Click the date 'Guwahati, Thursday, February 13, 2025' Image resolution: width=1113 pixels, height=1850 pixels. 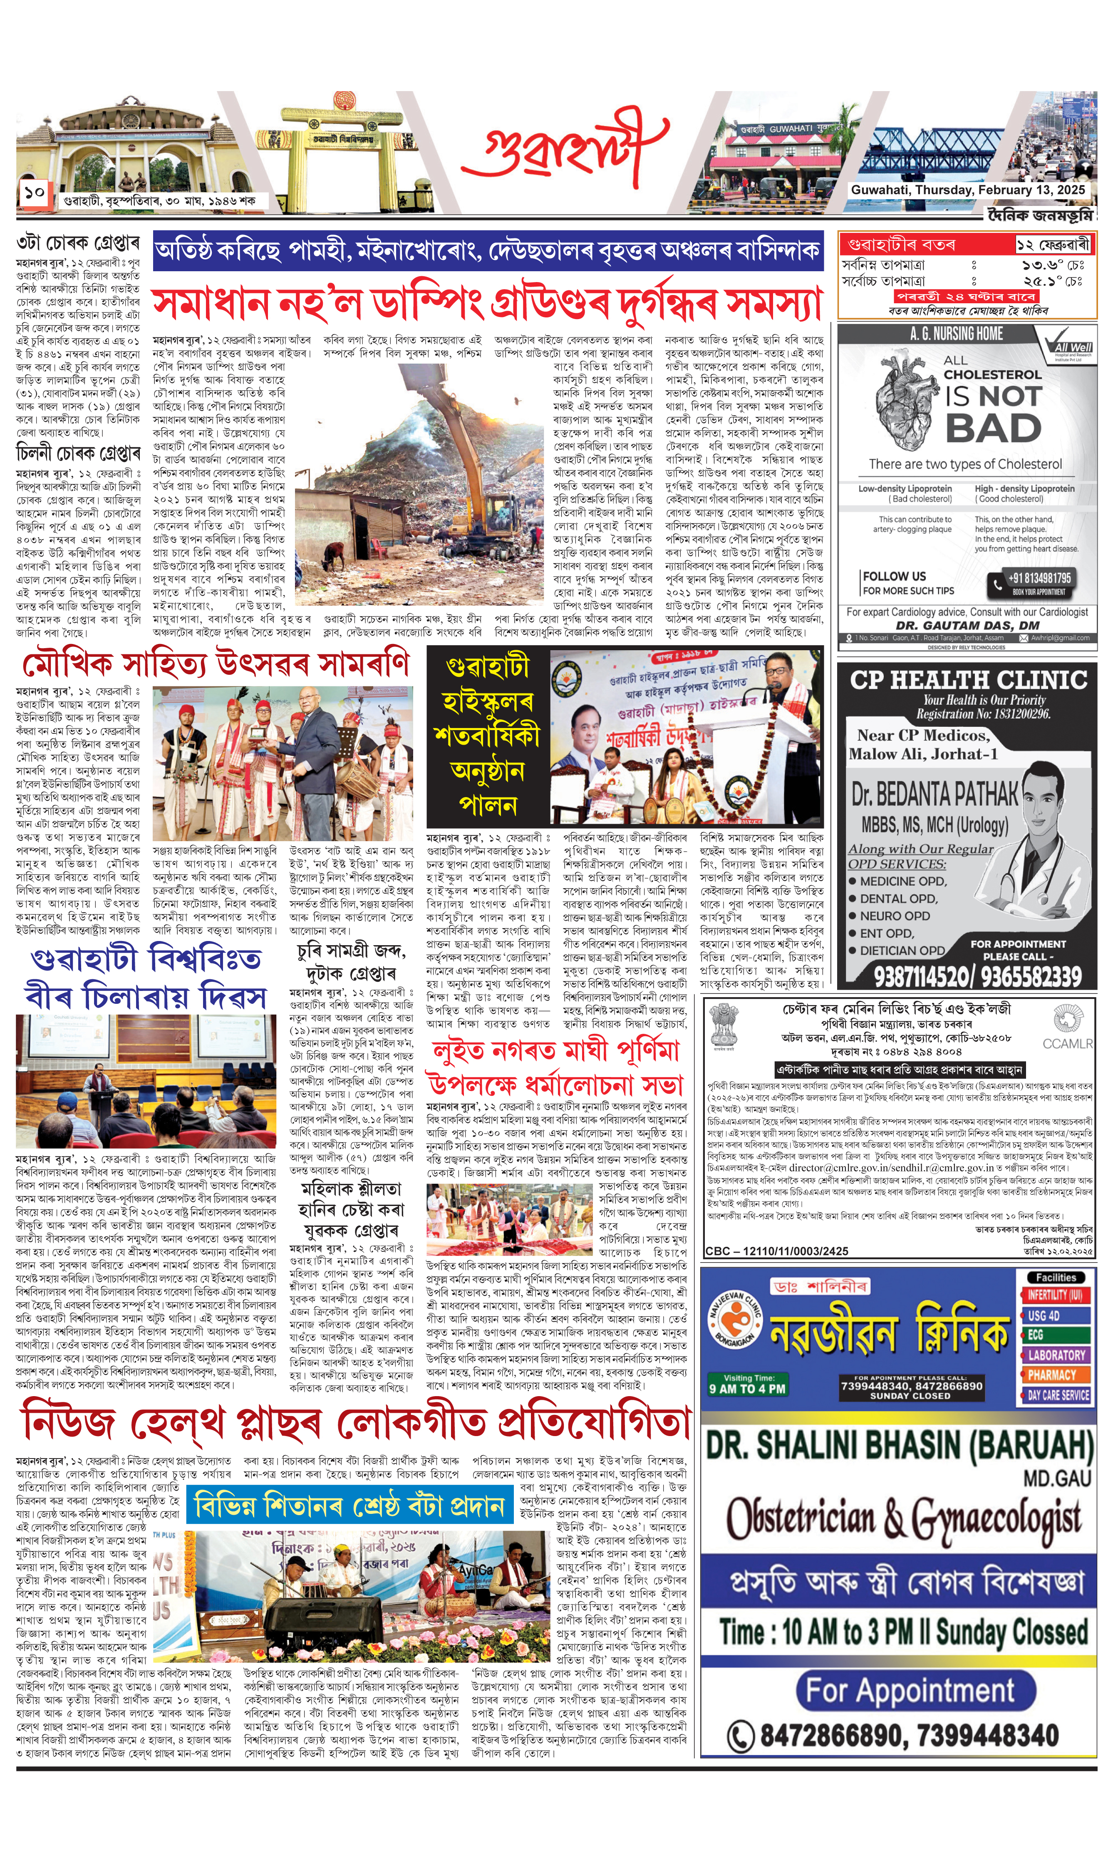(x=967, y=190)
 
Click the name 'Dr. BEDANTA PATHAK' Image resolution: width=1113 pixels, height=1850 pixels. (x=934, y=793)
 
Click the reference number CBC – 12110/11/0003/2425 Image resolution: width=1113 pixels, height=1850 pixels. (x=776, y=1251)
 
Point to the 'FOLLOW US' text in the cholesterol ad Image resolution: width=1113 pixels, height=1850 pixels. (x=894, y=576)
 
